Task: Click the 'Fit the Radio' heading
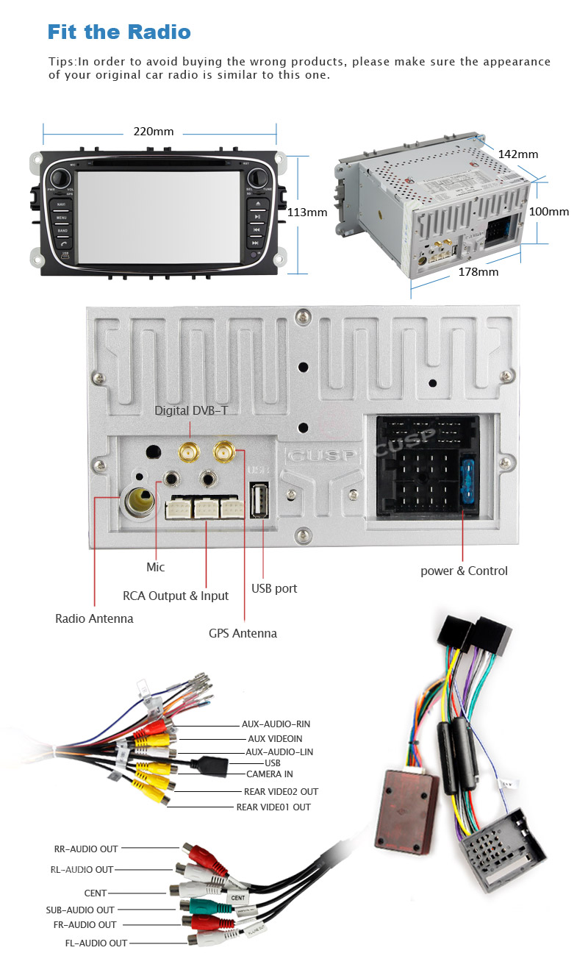pyautogui.click(x=119, y=32)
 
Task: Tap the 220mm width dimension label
pyautogui.click(x=154, y=132)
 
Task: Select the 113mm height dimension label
pyautogui.click(x=306, y=213)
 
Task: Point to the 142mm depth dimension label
pyautogui.click(x=518, y=154)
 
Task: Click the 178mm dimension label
pyautogui.click(x=478, y=272)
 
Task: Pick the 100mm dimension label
pyautogui.click(x=549, y=212)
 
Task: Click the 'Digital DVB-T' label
pyautogui.click(x=191, y=410)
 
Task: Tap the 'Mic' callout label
pyautogui.click(x=156, y=567)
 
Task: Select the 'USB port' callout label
pyautogui.click(x=274, y=588)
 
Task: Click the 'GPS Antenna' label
pyautogui.click(x=243, y=633)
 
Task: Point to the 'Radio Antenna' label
pyautogui.click(x=95, y=618)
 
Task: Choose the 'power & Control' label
pyautogui.click(x=464, y=571)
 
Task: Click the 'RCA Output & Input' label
pyautogui.click(x=176, y=596)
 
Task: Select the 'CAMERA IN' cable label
pyautogui.click(x=270, y=774)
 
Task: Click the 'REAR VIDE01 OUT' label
pyautogui.click(x=273, y=807)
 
